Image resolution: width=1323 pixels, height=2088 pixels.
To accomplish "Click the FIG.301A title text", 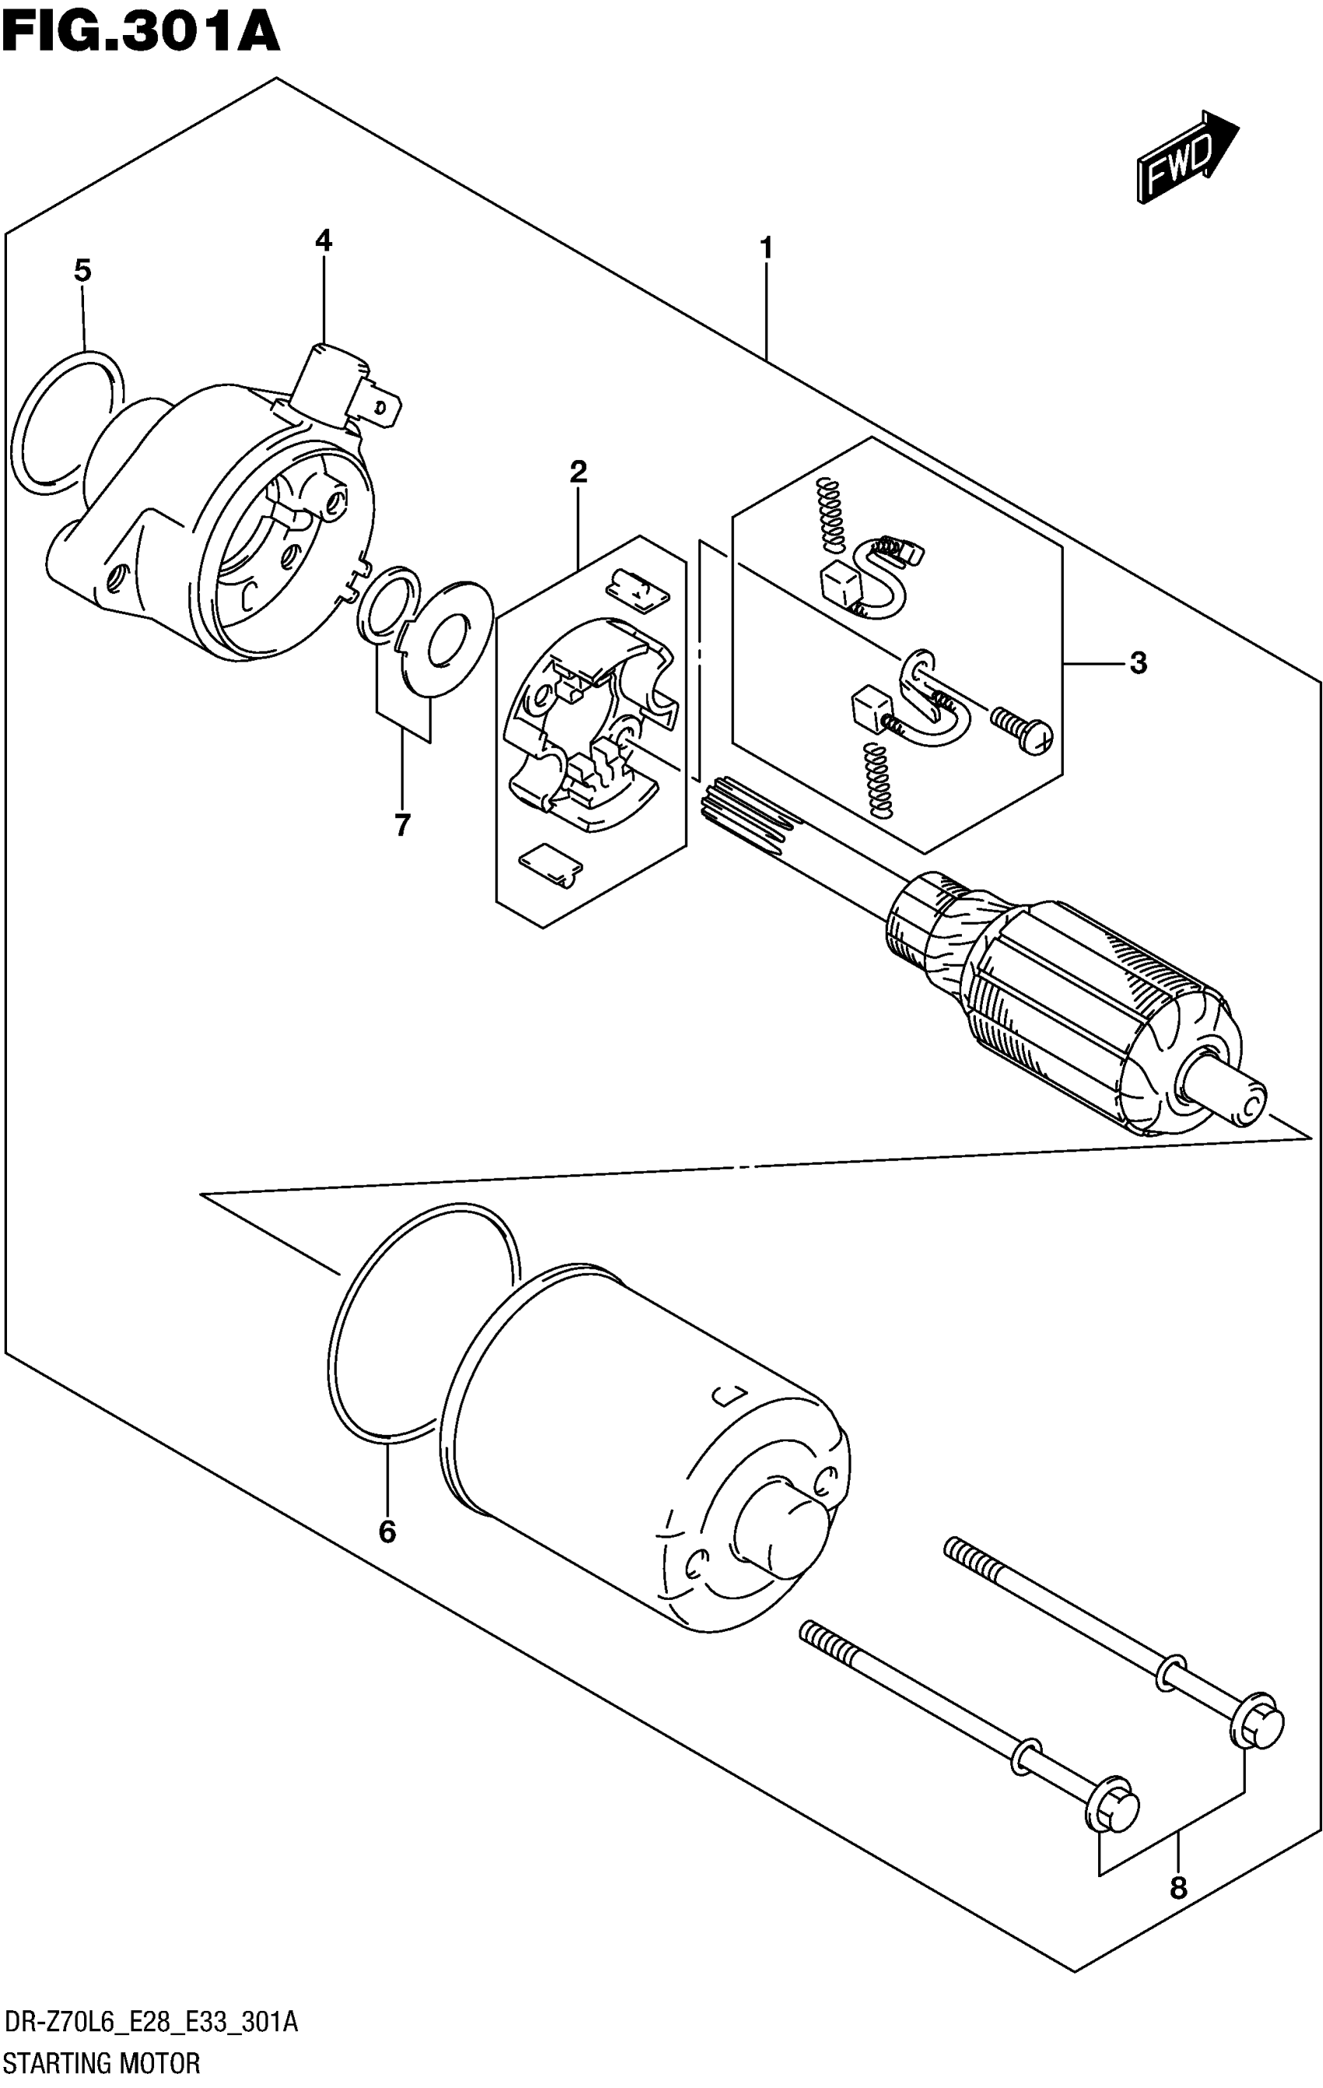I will point(140,33).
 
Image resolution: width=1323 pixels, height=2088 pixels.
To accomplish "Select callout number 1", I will point(766,248).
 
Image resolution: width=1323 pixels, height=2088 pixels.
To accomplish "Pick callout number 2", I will point(578,472).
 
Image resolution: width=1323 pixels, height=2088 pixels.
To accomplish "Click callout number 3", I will point(1138,663).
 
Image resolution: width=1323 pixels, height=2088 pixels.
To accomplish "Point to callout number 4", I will point(324,241).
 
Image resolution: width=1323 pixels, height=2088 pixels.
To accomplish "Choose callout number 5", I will point(82,272).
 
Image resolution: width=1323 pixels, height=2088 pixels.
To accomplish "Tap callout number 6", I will point(387,1532).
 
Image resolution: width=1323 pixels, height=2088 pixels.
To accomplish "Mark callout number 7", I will point(402,825).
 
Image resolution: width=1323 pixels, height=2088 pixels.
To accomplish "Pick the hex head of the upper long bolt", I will point(1256,1720).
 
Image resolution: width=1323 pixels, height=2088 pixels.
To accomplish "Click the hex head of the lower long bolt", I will point(1112,1808).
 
